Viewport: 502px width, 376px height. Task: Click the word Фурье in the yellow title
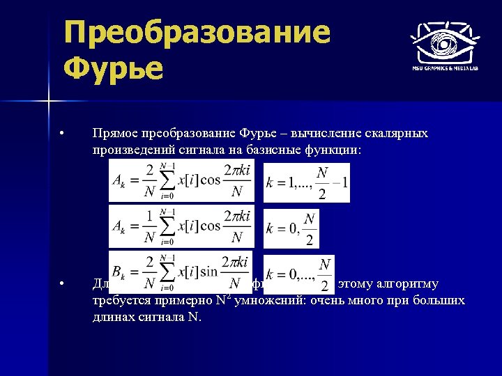[112, 69]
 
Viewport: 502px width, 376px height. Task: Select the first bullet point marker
[62, 133]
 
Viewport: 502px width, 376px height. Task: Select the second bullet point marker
[62, 283]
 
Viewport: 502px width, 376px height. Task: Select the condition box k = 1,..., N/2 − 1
[306, 182]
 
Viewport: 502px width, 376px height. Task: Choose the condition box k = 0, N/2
[292, 228]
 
